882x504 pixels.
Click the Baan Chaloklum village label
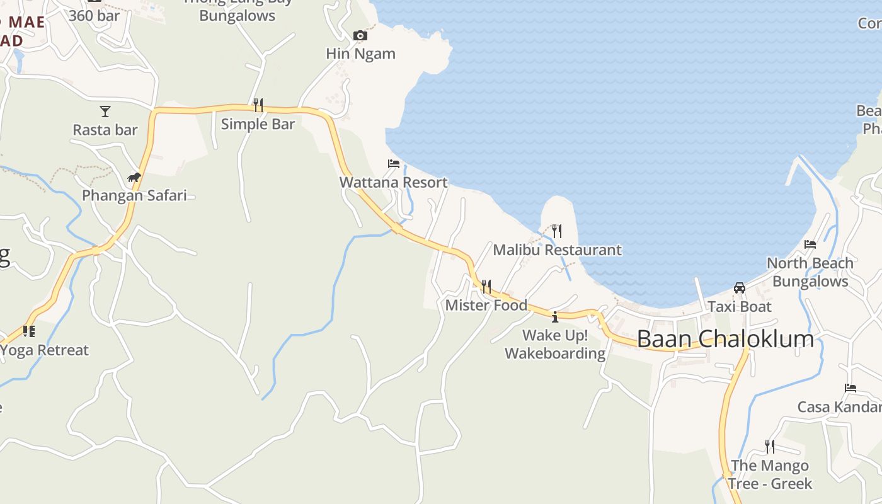pyautogui.click(x=725, y=339)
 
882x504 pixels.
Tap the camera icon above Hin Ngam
pyautogui.click(x=360, y=35)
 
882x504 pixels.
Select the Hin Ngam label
pyautogui.click(x=360, y=54)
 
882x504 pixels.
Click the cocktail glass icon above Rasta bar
pyautogui.click(x=105, y=112)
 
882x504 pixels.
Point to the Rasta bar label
pyautogui.click(x=105, y=130)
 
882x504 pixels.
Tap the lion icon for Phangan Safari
pyautogui.click(x=134, y=177)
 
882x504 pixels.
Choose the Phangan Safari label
pyautogui.click(x=134, y=195)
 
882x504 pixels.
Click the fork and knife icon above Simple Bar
pyautogui.click(x=258, y=105)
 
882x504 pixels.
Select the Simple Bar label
pyautogui.click(x=258, y=124)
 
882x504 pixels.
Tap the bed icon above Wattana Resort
pyautogui.click(x=394, y=164)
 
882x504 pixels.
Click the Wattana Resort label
pyautogui.click(x=393, y=183)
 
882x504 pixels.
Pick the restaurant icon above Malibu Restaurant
pyautogui.click(x=556, y=231)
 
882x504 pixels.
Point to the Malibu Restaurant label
pyautogui.click(x=557, y=250)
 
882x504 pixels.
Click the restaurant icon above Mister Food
pyautogui.click(x=486, y=287)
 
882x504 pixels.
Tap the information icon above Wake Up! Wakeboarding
pyautogui.click(x=555, y=317)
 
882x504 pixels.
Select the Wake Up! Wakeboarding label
pyautogui.click(x=555, y=344)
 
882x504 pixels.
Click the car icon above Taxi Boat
pyautogui.click(x=740, y=288)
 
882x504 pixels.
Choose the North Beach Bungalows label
pyautogui.click(x=810, y=272)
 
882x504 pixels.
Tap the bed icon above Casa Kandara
pyautogui.click(x=850, y=388)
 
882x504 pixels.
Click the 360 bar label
pyautogui.click(x=94, y=15)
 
